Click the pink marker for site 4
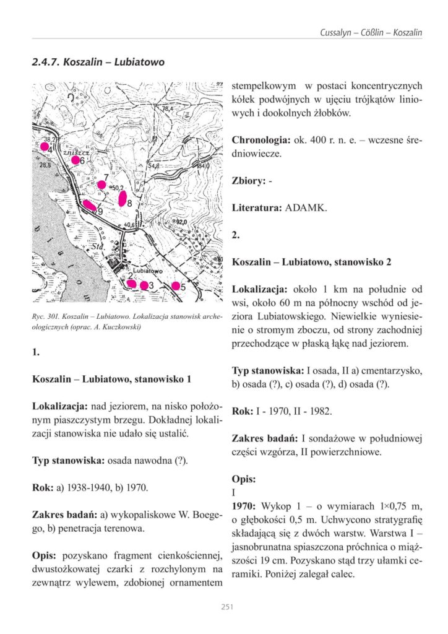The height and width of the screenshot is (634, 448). tap(45, 147)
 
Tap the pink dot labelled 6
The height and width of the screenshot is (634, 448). tap(75, 160)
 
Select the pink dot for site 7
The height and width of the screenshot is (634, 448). tap(101, 185)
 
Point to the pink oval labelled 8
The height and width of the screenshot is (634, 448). tap(123, 198)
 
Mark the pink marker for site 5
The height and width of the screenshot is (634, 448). tap(176, 286)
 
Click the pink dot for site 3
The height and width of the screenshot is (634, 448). tap(144, 285)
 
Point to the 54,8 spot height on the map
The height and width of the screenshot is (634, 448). tap(153, 165)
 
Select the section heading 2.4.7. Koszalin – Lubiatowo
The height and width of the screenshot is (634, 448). tap(98, 63)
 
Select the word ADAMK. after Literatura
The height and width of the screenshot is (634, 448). tap(306, 208)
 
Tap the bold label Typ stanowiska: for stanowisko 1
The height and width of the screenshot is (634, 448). tap(69, 460)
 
